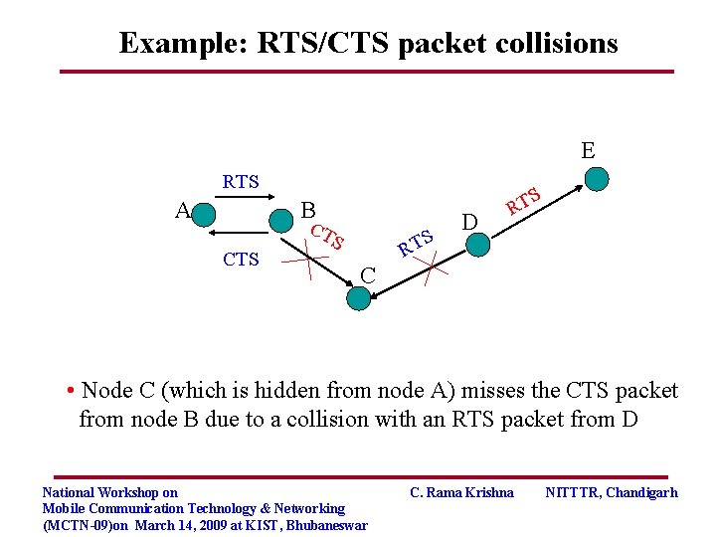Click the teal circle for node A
(x=203, y=214)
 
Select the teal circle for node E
(x=596, y=178)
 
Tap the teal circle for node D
(x=478, y=244)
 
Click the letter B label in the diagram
(x=308, y=211)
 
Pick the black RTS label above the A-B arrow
(x=241, y=181)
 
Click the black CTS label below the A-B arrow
(x=241, y=260)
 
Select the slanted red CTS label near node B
(x=327, y=238)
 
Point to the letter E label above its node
(x=588, y=150)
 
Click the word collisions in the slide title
(x=561, y=43)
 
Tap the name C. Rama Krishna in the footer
(x=462, y=492)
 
